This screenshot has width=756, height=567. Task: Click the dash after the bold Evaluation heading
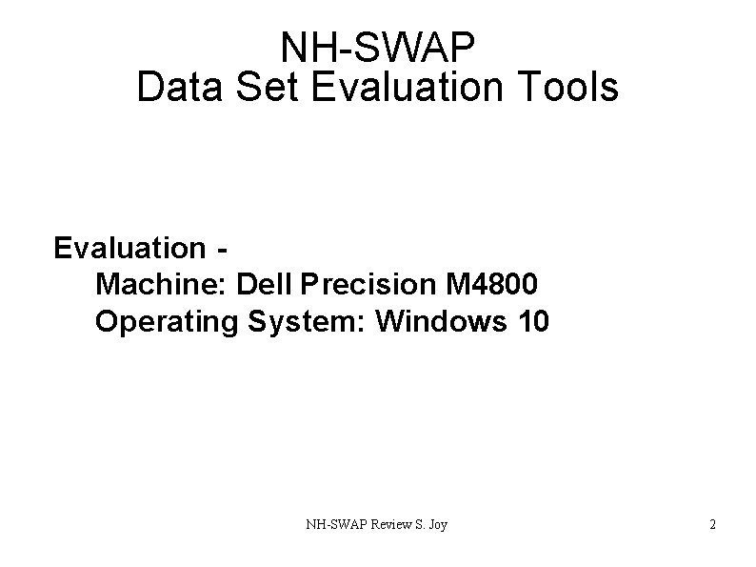222,250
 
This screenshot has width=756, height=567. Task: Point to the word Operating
168,322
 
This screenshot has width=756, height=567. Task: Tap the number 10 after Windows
532,322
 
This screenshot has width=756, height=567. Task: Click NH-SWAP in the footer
333,524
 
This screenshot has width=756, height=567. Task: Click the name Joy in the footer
439,525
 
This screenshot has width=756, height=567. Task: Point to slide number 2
712,524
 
